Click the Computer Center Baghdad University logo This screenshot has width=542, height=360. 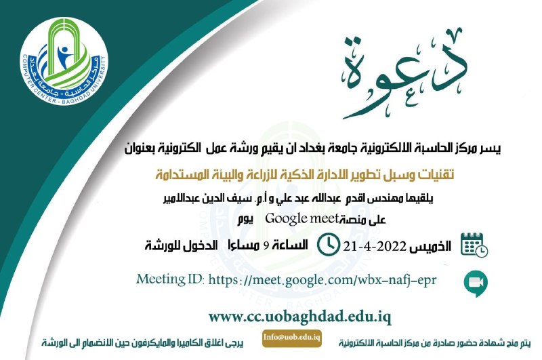click(x=64, y=62)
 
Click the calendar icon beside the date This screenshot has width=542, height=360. click(x=474, y=245)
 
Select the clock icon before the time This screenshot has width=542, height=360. click(x=328, y=245)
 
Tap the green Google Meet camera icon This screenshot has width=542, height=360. click(x=476, y=283)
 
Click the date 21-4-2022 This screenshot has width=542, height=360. click(x=375, y=247)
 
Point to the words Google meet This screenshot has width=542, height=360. click(x=301, y=218)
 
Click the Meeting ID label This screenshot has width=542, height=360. click(x=170, y=279)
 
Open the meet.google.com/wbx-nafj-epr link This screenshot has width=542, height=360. click(x=322, y=280)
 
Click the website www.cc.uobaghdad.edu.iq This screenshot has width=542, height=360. click(x=299, y=317)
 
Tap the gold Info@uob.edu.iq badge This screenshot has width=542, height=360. click(x=292, y=338)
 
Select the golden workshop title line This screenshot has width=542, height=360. click(x=304, y=174)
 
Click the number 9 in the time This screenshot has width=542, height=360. click(x=266, y=246)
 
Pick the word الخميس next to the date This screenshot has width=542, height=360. click(x=430, y=246)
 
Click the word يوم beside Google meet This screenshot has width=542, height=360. click(x=245, y=220)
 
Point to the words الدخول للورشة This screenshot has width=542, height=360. click(x=181, y=245)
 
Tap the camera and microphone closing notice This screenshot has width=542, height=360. click(x=143, y=342)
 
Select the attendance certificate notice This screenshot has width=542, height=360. click(x=435, y=342)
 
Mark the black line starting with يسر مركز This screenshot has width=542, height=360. click(x=313, y=148)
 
